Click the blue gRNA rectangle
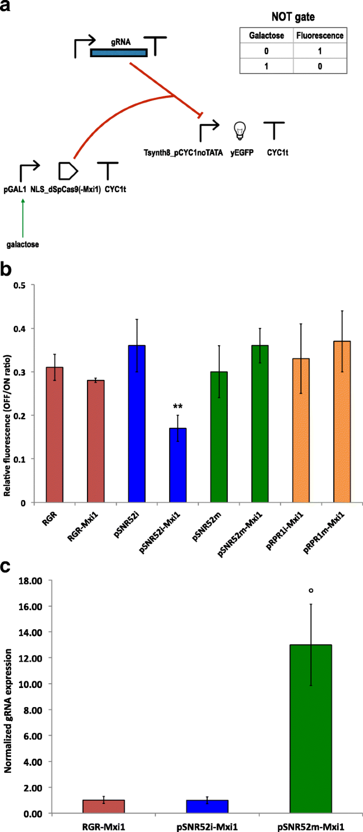point(119,52)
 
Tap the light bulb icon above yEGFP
point(241,130)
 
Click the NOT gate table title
point(293,17)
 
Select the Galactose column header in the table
point(267,36)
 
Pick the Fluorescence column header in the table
point(320,36)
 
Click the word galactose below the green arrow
point(23,245)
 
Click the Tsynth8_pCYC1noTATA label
point(183,153)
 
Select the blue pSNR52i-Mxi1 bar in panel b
point(178,465)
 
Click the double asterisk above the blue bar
point(178,407)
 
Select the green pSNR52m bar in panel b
point(219,437)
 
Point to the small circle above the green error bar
point(311,590)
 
